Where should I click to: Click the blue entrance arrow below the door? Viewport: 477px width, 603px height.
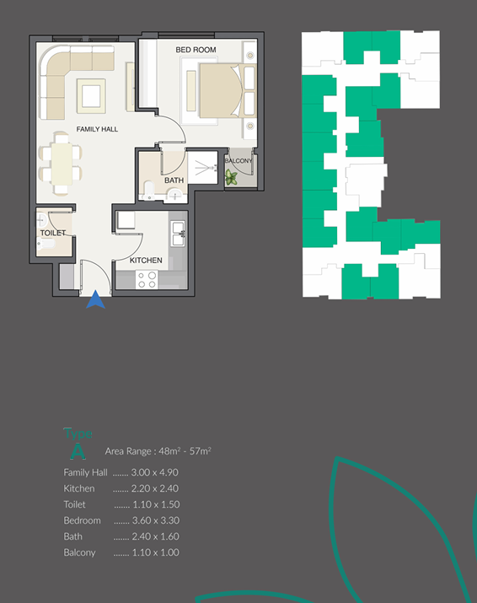pyautogui.click(x=96, y=299)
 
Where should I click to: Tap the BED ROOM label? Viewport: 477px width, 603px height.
pyautogui.click(x=196, y=51)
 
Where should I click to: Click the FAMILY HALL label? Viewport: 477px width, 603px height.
pyautogui.click(x=97, y=129)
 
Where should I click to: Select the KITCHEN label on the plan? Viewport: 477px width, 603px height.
pyautogui.click(x=146, y=261)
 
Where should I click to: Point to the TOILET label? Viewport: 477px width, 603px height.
pyautogui.click(x=52, y=233)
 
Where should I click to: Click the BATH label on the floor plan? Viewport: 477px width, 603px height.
pyautogui.click(x=174, y=180)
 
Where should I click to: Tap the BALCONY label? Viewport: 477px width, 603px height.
pyautogui.click(x=238, y=161)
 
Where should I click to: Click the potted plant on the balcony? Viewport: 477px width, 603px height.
pyautogui.click(x=231, y=177)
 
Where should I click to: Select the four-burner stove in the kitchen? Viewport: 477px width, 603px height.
pyautogui.click(x=148, y=279)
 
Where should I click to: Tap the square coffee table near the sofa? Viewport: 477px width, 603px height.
pyautogui.click(x=90, y=93)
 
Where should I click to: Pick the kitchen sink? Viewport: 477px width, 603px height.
pyautogui.click(x=178, y=233)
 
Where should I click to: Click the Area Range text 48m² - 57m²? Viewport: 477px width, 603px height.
pyautogui.click(x=158, y=451)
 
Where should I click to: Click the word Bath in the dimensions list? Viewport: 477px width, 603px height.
pyautogui.click(x=72, y=536)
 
